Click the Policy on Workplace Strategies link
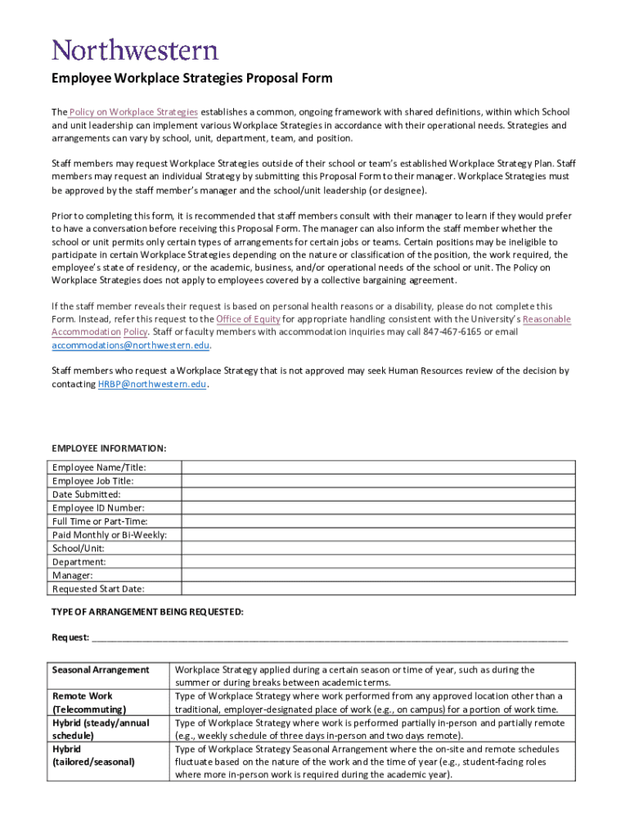[133, 112]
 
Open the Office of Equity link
[248, 319]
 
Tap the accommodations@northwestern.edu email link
[131, 345]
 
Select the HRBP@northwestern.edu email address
[152, 384]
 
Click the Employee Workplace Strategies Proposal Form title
[192, 79]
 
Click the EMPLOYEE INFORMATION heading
[109, 448]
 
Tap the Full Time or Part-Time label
[100, 521]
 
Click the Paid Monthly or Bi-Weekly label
[110, 535]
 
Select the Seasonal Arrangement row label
[101, 670]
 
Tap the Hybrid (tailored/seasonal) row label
[93, 755]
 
